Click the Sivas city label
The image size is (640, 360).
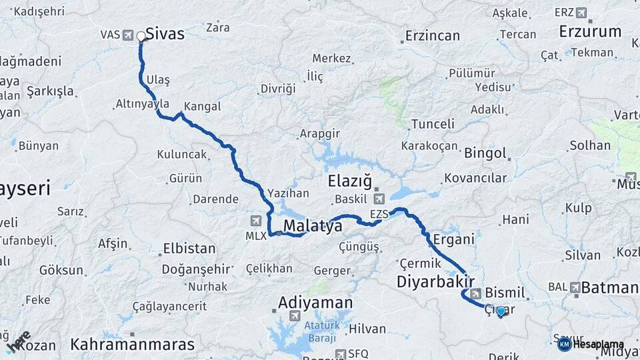165,33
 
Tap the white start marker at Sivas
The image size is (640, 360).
141,37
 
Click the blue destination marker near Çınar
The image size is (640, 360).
501,311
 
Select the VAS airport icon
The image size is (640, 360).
129,35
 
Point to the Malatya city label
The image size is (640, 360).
313,227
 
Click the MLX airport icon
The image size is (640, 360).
256,221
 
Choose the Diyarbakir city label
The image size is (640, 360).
435,281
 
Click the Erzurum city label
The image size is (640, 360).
590,31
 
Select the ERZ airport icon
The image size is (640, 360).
581,13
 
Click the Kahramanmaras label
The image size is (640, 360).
133,345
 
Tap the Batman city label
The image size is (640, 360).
609,288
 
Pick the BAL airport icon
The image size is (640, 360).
575,287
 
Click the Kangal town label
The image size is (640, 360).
202,107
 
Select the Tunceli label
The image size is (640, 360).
433,124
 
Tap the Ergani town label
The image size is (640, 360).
453,239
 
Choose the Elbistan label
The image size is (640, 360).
189,249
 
